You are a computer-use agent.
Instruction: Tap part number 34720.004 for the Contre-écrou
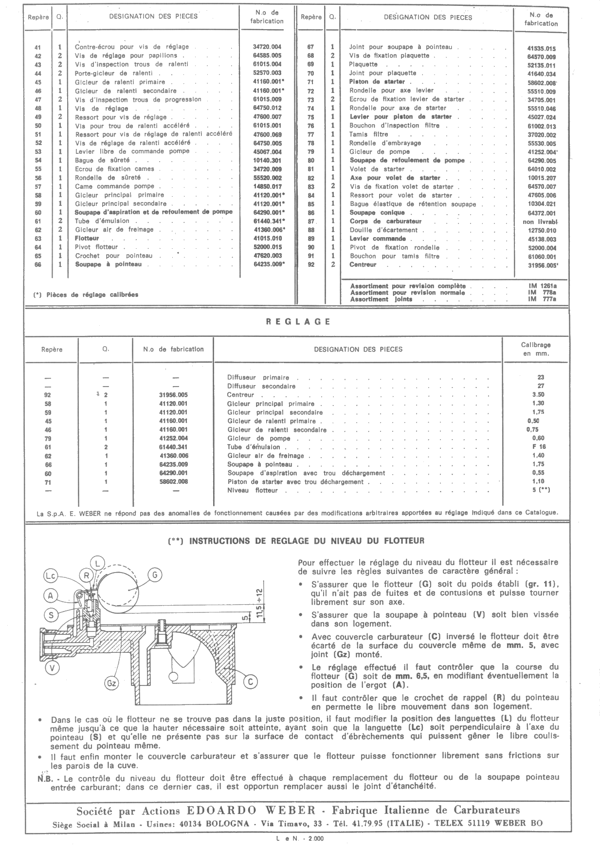(x=267, y=47)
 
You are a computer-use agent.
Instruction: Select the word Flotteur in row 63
(x=87, y=239)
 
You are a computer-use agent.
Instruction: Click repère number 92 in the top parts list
(x=311, y=265)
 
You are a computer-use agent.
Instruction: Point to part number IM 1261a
(x=542, y=286)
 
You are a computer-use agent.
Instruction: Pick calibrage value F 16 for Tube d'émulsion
(x=539, y=447)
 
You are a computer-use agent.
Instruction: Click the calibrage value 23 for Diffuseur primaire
(x=541, y=377)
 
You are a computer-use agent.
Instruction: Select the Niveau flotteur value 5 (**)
(x=541, y=490)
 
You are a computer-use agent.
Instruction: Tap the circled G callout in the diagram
(x=154, y=575)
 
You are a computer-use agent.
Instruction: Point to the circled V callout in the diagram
(x=52, y=668)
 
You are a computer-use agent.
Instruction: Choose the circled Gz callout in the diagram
(x=112, y=684)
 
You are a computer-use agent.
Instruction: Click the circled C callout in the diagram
(x=250, y=682)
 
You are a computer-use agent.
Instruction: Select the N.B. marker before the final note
(x=45, y=777)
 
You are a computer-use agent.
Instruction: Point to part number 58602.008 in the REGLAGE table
(x=174, y=481)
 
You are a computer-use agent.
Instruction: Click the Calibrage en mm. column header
(x=536, y=349)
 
